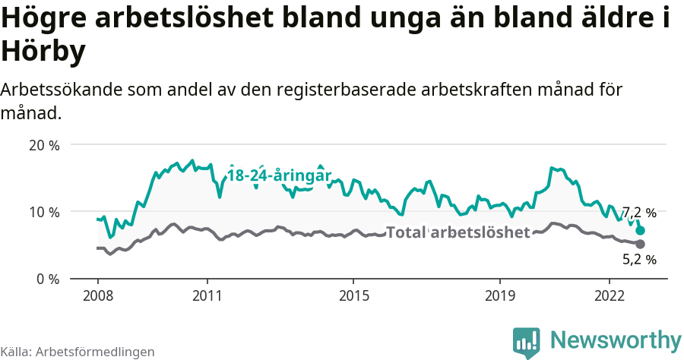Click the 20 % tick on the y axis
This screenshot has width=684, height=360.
coord(43,144)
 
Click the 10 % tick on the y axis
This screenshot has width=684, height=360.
coord(43,211)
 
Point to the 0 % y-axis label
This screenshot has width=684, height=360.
coord(47,279)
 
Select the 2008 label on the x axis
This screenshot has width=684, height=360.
coord(98,295)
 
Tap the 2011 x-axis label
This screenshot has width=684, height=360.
coord(207,295)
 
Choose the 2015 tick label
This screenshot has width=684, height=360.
coord(353,295)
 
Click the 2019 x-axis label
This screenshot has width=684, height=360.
coord(499,295)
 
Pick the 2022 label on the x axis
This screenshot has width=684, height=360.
coord(610,295)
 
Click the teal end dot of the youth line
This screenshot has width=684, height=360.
coord(641,230)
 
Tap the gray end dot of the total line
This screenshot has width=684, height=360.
coord(640,244)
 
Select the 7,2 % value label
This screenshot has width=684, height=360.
coord(639,213)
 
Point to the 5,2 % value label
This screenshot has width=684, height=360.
coord(639,260)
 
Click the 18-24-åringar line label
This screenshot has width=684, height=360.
coord(279,175)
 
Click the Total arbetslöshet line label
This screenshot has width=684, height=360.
coord(458,232)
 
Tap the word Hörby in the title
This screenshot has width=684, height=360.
coord(43,52)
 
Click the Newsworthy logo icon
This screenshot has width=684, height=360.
coord(527,343)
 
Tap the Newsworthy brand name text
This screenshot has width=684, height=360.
coord(616,339)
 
